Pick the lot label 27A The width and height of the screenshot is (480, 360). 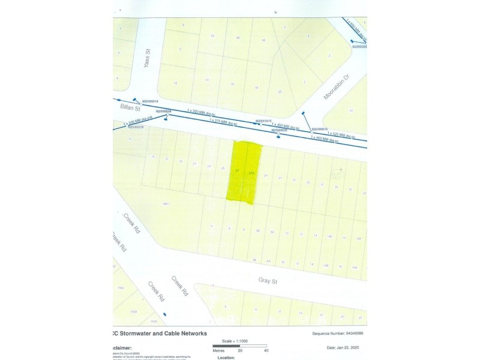click(252, 173)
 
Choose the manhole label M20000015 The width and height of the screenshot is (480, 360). click(266, 121)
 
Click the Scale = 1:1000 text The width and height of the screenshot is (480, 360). click(238, 340)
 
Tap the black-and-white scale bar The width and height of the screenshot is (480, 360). click(240, 346)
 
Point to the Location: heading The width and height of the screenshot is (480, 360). click(226, 357)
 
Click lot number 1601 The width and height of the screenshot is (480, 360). click(166, 203)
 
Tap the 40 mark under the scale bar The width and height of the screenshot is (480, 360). click(266, 351)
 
